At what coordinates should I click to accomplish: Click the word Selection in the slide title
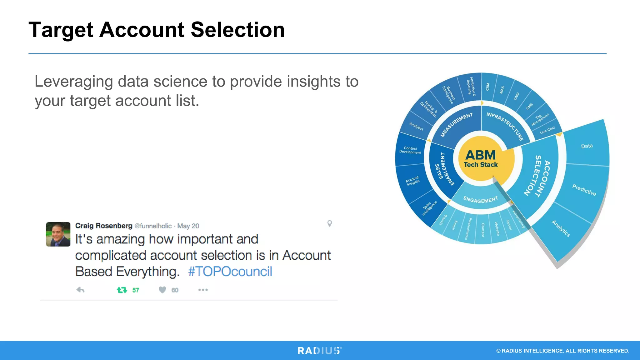pyautogui.click(x=237, y=30)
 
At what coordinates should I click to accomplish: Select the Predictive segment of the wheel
pyautogui.click(x=584, y=190)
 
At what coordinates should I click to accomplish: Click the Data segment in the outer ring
pyautogui.click(x=587, y=146)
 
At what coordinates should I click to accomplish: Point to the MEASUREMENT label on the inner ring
pyautogui.click(x=457, y=125)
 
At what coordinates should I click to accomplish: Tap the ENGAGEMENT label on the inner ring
pyautogui.click(x=480, y=199)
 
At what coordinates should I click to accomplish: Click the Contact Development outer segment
pyautogui.click(x=410, y=150)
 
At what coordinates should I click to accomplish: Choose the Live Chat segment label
pyautogui.click(x=547, y=130)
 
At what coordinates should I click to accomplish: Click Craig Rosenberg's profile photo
pyautogui.click(x=58, y=234)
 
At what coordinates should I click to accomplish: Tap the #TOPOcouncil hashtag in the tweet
pyautogui.click(x=230, y=271)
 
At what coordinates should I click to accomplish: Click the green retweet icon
pyautogui.click(x=122, y=290)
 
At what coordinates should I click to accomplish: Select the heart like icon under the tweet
pyautogui.click(x=162, y=290)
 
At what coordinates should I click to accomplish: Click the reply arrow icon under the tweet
pyautogui.click(x=80, y=290)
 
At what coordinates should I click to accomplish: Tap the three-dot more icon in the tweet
pyautogui.click(x=203, y=290)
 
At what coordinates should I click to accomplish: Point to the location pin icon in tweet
pyautogui.click(x=329, y=223)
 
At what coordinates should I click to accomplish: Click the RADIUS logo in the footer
pyautogui.click(x=319, y=351)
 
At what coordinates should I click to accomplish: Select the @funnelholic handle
pyautogui.click(x=153, y=226)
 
